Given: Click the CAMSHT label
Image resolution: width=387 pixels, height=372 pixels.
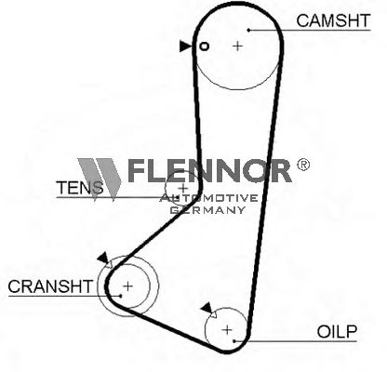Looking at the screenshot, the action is [333, 20].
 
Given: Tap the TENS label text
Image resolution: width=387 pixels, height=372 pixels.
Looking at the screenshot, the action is [79, 188].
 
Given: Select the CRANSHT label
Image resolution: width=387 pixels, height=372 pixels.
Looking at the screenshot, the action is [50, 286].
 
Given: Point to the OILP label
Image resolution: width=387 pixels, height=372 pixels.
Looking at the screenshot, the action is [337, 332].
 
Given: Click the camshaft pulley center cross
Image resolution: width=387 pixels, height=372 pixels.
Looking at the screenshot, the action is [237, 46].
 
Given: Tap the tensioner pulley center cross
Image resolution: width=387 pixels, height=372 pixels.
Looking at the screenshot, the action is [183, 188].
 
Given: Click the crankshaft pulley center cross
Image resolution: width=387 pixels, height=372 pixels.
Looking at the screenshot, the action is [127, 286].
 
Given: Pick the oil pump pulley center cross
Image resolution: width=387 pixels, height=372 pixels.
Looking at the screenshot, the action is [227, 329].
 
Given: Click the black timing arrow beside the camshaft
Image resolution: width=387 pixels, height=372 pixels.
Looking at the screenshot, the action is [185, 46].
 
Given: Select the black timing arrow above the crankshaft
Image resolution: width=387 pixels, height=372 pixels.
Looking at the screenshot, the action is [103, 258].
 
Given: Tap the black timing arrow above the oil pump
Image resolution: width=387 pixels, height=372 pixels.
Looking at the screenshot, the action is [207, 308].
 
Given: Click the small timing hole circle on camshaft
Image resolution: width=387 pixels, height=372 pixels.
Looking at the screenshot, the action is [204, 46].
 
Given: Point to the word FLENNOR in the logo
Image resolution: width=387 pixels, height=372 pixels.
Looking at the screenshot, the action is [209, 170].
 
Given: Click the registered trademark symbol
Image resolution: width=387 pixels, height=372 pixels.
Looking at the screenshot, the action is [303, 165].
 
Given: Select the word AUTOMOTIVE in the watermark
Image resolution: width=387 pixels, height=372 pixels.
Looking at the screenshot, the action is [208, 198].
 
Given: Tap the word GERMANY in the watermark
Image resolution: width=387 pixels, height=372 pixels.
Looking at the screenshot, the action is [207, 210].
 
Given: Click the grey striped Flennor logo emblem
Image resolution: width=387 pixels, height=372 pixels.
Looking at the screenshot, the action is [100, 179].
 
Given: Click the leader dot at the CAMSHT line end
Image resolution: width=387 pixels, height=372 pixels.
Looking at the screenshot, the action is [248, 30].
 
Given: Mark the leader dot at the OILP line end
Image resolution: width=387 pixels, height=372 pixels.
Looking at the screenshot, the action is [234, 341].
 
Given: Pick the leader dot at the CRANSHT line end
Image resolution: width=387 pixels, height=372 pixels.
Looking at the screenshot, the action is [121, 296].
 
